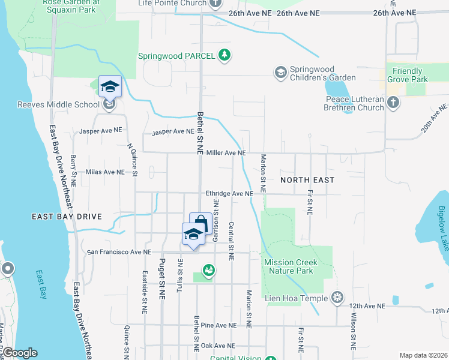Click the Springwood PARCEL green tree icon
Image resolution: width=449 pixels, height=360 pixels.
coord(224,55)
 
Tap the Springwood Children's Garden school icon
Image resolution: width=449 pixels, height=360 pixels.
coord(280,73)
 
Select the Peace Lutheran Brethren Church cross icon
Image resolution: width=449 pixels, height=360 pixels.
coord(393,102)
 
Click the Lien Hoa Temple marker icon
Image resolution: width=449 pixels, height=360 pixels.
coord(338,298)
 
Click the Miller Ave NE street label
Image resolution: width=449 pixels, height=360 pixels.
coord(226,153)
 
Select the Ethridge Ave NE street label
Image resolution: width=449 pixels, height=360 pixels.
coord(229,194)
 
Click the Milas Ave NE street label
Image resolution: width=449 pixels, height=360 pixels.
coord(105,172)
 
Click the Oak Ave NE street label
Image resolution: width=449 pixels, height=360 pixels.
coord(217,346)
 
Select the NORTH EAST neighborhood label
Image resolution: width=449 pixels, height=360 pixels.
coord(308,179)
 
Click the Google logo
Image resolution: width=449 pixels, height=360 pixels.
coord(20,353)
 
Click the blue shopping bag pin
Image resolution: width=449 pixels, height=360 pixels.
coord(200,223)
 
